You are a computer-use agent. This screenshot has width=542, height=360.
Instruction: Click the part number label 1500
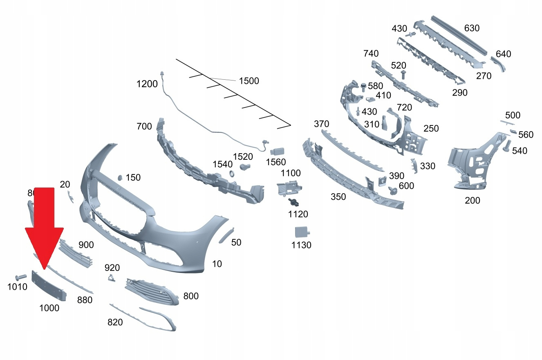249,81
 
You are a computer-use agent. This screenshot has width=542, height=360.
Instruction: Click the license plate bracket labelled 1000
49,286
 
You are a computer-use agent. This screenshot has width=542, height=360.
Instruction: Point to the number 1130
301,245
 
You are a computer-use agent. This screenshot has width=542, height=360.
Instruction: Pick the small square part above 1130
302,232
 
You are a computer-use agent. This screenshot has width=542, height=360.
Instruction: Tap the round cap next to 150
121,177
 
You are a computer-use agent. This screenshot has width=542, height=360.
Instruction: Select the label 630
472,28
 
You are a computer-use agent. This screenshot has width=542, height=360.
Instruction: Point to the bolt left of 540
506,146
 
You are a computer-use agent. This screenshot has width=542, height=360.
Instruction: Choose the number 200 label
473,201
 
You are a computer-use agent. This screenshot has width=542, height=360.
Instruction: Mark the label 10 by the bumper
217,264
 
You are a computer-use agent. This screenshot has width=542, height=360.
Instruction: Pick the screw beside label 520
404,75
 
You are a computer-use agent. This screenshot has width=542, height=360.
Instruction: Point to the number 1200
147,84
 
